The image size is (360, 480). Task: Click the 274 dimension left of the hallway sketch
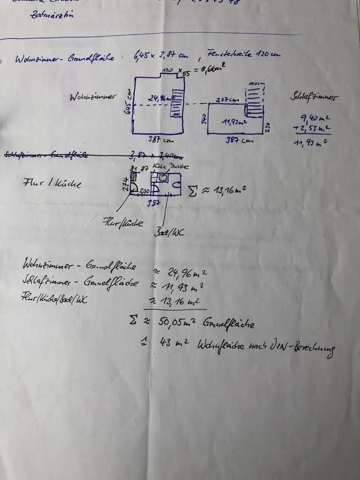click(126, 184)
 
